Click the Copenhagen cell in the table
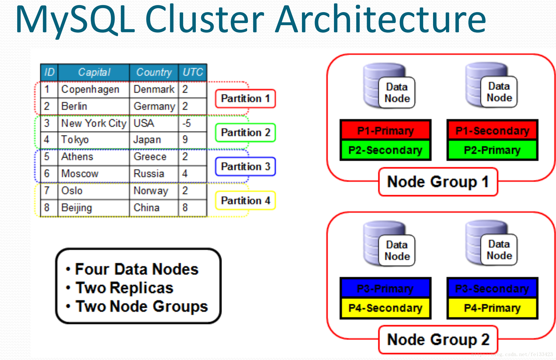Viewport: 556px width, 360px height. (93, 89)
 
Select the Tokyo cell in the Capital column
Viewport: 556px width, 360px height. (93, 140)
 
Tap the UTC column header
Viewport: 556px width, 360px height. (193, 72)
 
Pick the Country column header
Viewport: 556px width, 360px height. (154, 72)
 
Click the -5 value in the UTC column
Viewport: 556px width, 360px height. (193, 123)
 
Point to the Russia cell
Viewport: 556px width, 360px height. (154, 174)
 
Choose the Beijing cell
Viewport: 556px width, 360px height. (93, 208)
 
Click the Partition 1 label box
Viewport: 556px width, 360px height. (245, 99)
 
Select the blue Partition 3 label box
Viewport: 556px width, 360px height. (245, 166)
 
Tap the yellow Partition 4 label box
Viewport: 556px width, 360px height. (245, 201)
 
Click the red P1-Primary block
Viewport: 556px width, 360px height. (385, 130)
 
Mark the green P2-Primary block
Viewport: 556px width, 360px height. (492, 150)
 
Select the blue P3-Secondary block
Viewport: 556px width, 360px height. (492, 288)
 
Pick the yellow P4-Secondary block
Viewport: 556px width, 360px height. (385, 308)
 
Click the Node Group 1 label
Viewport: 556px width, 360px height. (438, 182)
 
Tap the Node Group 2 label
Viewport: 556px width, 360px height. (438, 339)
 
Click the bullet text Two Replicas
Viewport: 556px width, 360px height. (124, 288)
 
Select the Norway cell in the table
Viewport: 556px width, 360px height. (154, 191)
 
